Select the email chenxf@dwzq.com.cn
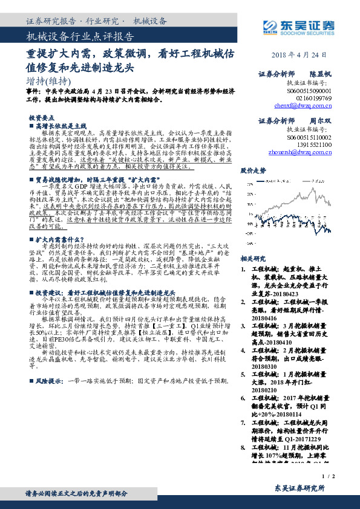tap(303, 104)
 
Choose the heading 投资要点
tap(41, 118)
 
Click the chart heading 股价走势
tap(253, 171)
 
